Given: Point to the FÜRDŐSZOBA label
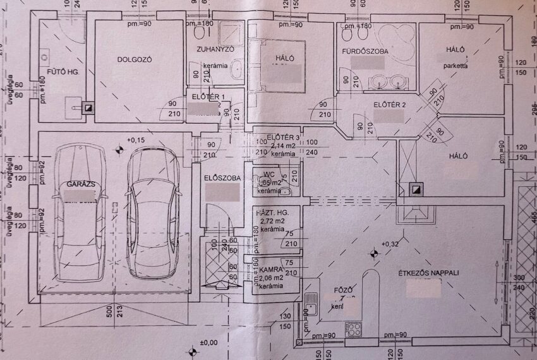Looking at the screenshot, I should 365,51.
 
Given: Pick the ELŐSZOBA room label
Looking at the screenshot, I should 222,178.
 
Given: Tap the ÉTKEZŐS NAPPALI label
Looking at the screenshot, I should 428,273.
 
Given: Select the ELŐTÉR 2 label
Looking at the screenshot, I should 389,104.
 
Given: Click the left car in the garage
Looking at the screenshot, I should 80,212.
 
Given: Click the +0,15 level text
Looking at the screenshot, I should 135,140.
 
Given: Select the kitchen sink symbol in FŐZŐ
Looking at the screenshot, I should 310,305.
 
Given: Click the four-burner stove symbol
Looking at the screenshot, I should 353,328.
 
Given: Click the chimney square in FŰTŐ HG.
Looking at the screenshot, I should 89,107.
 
